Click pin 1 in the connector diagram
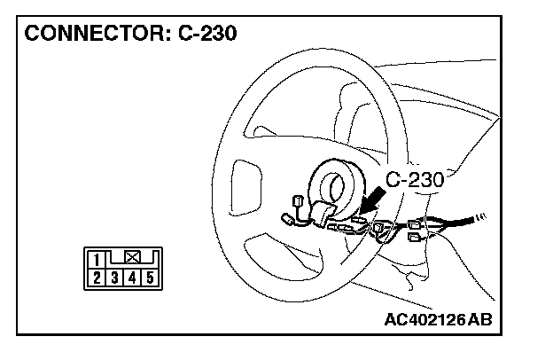point(94,260)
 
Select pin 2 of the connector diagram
point(94,277)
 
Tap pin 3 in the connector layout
point(113,277)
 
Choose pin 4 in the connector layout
point(131,277)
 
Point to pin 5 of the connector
point(150,277)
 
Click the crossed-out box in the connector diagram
point(132,258)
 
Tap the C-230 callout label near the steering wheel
point(414,179)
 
